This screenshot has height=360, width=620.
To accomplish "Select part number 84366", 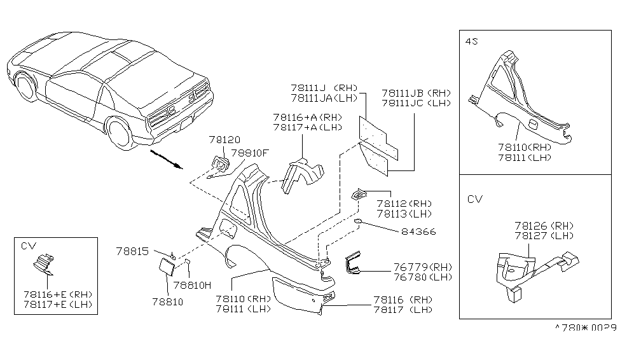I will (x=418, y=232).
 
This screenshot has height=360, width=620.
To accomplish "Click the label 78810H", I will (x=192, y=285).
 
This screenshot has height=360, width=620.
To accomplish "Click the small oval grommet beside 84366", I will (x=358, y=222).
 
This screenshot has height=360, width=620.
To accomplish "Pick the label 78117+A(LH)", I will (x=307, y=128).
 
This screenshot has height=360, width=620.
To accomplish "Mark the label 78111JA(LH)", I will (x=324, y=99).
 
